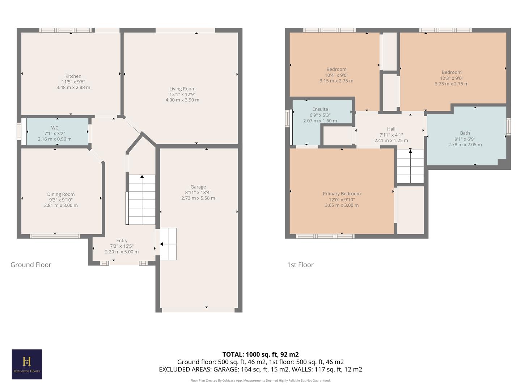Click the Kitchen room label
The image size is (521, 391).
pos(73,76)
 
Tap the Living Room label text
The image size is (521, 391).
pos(182,89)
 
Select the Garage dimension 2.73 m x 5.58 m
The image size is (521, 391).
pos(198,198)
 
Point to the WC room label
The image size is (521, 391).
pos(55,128)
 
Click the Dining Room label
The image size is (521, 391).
pos(61,194)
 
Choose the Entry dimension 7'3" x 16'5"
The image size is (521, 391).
pos(122,246)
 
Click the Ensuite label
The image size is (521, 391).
pos(320,109)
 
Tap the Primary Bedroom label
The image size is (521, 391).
pos(342,194)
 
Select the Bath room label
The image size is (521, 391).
pos(465,133)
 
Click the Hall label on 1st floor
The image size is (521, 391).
pos(391,129)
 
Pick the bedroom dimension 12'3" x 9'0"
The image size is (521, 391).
pos(452,78)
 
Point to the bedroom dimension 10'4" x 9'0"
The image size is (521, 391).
pos(336,75)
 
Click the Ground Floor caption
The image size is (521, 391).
pos(31,265)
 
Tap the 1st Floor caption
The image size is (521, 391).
pos(300,265)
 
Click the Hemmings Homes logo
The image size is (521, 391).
pos(27,364)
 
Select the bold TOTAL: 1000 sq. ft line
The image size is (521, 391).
pos(260,354)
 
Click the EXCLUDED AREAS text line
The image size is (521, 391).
pos(260,369)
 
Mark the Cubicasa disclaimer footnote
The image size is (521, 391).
pos(260,381)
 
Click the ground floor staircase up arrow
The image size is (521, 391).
pos(142,177)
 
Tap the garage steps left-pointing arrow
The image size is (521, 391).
pos(162,244)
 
